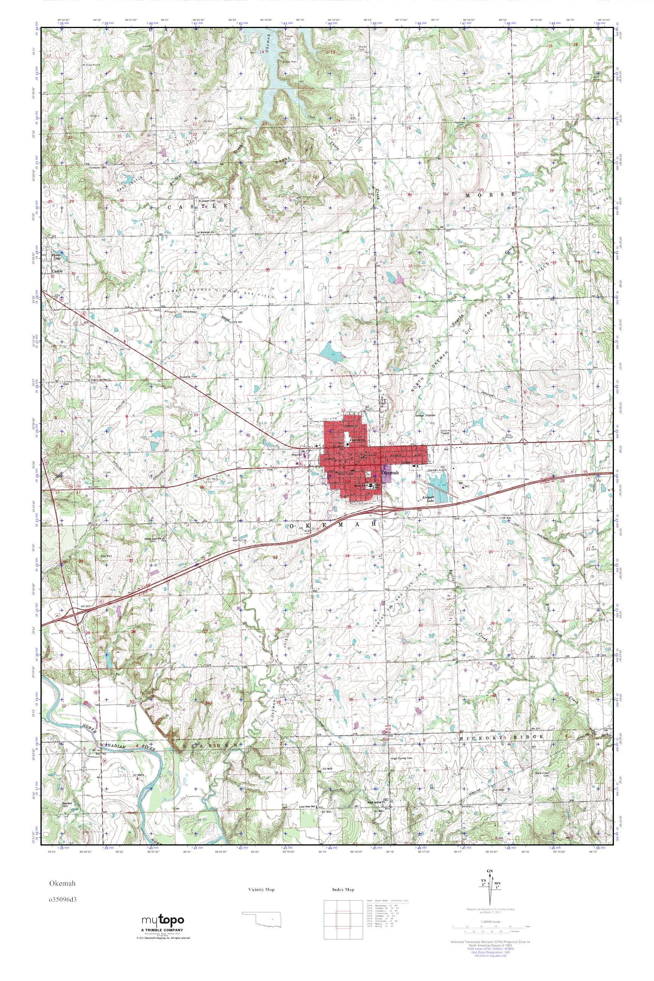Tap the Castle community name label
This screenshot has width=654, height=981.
57,271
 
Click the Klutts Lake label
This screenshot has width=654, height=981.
56,256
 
